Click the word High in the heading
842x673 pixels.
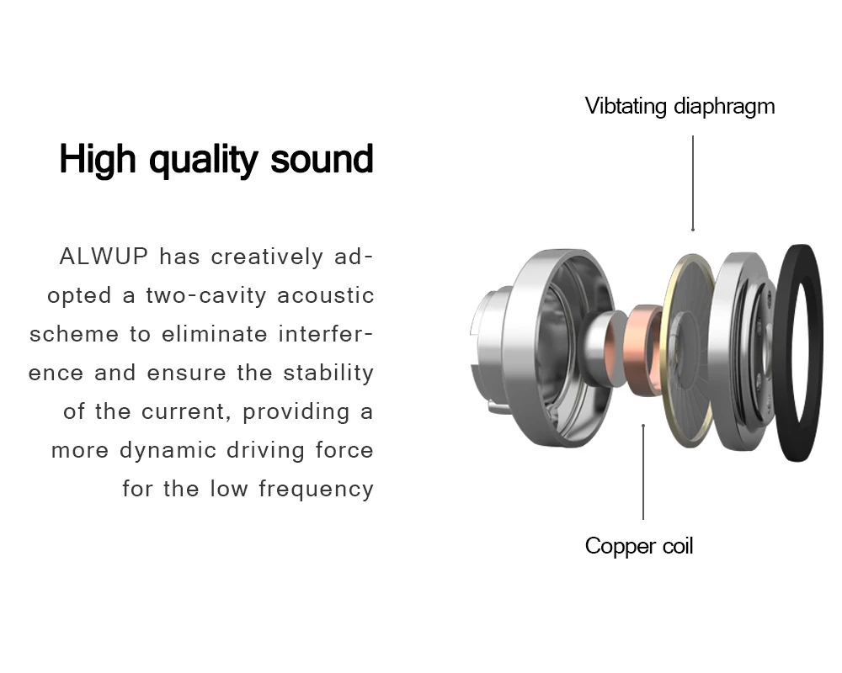(x=99, y=158)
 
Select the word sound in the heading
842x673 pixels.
(x=322, y=158)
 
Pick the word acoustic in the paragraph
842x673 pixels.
(x=326, y=296)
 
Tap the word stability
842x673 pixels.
(x=328, y=373)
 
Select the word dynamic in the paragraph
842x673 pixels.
(x=169, y=450)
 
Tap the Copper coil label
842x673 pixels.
(x=639, y=546)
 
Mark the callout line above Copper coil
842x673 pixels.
(x=643, y=472)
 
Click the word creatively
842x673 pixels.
(x=267, y=257)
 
